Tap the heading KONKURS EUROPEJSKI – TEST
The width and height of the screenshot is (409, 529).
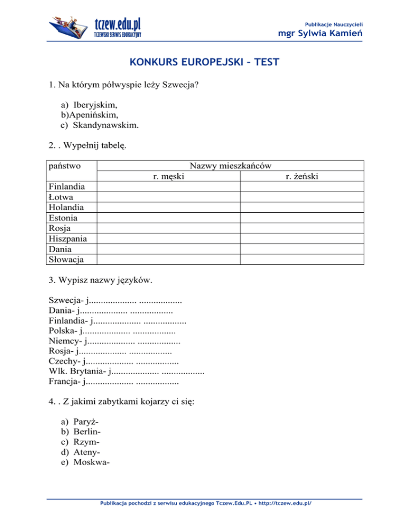pos(204,63)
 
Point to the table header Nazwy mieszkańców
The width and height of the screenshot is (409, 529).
pos(231,166)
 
